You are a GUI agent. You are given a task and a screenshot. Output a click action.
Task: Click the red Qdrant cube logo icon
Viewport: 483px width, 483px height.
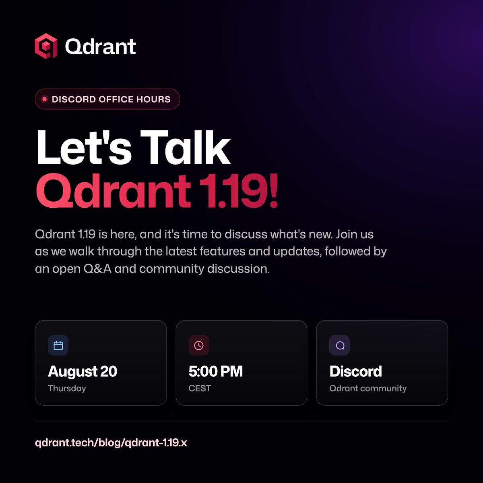tap(46, 46)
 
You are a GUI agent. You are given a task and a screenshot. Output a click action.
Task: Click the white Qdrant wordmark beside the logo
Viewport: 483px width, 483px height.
tap(101, 46)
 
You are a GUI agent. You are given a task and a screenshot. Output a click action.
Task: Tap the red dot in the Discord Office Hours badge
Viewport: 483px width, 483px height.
tap(45, 99)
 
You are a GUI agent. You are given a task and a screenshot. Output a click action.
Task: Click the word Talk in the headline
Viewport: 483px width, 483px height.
tap(185, 147)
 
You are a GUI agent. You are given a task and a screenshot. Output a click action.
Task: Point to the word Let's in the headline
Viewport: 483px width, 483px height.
tap(84, 147)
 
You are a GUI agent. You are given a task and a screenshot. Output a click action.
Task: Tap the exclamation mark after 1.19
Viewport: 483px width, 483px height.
tap(274, 190)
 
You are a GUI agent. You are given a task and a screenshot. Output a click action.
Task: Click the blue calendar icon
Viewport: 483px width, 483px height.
tap(58, 345)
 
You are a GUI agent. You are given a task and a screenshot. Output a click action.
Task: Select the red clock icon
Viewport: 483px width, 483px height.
tap(199, 345)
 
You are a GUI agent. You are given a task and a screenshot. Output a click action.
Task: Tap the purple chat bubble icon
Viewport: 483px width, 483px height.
tap(340, 345)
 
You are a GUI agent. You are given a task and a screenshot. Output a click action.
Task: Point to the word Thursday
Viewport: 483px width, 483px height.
tap(67, 388)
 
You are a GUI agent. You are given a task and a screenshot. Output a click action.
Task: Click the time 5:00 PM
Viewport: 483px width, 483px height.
tap(216, 371)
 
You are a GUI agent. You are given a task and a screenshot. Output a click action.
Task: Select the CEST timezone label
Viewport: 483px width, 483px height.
tap(200, 388)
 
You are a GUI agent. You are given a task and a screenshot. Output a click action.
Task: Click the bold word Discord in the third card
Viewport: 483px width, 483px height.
tap(356, 371)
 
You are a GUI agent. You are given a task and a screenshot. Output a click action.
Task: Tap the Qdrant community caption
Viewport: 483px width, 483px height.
tap(368, 388)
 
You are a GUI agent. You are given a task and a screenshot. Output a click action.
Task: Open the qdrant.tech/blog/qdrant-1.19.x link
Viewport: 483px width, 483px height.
tap(111, 443)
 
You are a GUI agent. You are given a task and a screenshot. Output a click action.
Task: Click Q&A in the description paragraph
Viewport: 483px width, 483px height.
tap(97, 269)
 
